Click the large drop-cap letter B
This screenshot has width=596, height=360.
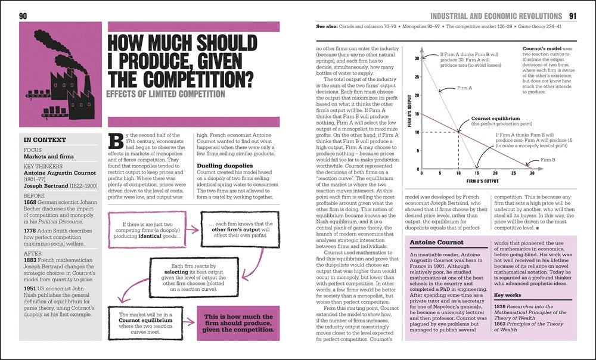[x=117, y=141]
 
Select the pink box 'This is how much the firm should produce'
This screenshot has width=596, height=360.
[x=238, y=322]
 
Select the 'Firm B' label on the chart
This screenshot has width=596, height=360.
[x=548, y=160]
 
